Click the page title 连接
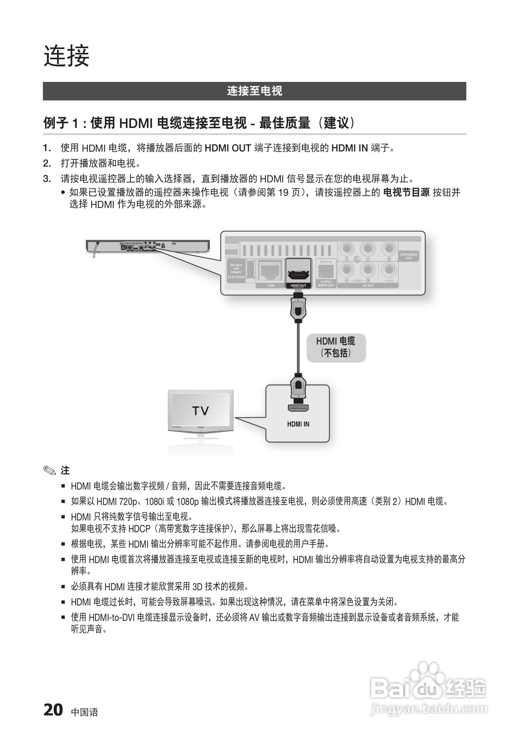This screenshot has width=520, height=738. [x=66, y=56]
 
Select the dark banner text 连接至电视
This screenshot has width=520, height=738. [x=254, y=91]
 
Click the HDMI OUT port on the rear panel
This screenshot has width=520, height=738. [x=298, y=274]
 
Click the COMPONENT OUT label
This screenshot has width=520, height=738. [x=408, y=256]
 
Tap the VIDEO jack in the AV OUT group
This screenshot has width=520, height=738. [x=389, y=270]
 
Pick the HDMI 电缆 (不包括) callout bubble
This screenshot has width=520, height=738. [x=336, y=348]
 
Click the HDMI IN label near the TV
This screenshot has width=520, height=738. [x=298, y=424]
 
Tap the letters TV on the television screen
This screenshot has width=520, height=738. [x=200, y=411]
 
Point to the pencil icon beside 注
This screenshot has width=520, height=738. [x=49, y=471]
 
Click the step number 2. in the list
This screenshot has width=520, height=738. [x=47, y=163]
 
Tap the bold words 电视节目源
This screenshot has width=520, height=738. [x=406, y=193]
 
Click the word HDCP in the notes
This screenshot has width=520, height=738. [x=139, y=528]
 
